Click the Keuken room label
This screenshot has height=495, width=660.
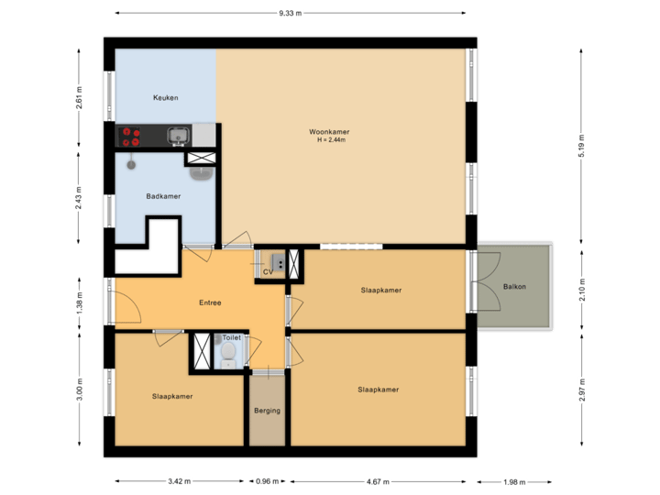pyautogui.click(x=165, y=98)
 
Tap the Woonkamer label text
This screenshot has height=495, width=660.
pyautogui.click(x=328, y=132)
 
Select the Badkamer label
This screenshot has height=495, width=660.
pyautogui.click(x=162, y=196)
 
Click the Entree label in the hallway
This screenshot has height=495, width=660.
pyautogui.click(x=211, y=302)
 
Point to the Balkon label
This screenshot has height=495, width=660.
pyautogui.click(x=515, y=287)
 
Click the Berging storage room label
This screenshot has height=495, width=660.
pyautogui.click(x=268, y=410)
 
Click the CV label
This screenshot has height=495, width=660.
pyautogui.click(x=269, y=272)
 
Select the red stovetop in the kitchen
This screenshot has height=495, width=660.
pyautogui.click(x=132, y=137)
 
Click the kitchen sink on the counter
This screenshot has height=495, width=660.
pyautogui.click(x=178, y=137)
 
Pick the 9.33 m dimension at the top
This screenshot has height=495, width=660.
pyautogui.click(x=291, y=14)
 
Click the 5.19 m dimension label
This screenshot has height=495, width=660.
pyautogui.click(x=581, y=146)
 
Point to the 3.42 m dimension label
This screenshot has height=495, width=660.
pyautogui.click(x=181, y=481)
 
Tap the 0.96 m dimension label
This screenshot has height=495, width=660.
pyautogui.click(x=268, y=481)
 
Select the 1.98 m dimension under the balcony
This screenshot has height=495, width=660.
pyautogui.click(x=514, y=482)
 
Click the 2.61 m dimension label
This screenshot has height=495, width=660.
pyautogui.click(x=80, y=98)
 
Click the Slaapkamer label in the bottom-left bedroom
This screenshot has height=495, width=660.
pyautogui.click(x=171, y=396)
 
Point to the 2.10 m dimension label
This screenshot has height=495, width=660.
pyautogui.click(x=581, y=289)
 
